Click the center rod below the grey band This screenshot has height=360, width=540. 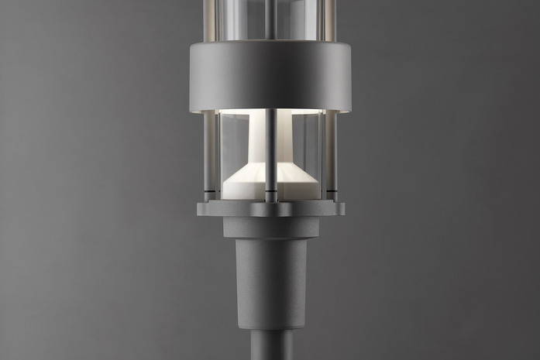tap(270, 155)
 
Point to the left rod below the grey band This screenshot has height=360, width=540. tap(208, 155)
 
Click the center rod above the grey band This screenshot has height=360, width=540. tap(270, 19)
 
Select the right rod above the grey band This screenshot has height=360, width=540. tap(330, 19)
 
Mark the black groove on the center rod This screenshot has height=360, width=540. tap(270, 190)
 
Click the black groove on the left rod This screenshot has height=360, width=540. tap(208, 190)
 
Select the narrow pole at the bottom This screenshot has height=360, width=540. tap(270, 347)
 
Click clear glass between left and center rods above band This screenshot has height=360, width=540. tap(240, 19)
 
